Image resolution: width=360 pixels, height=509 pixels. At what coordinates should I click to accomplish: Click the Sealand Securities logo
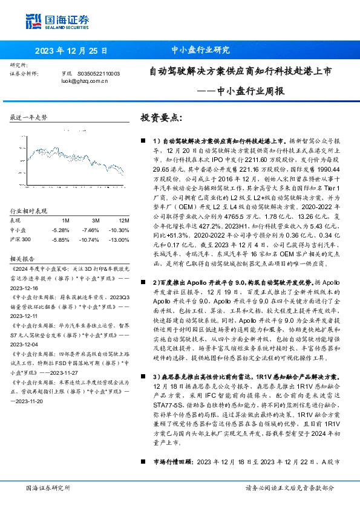point(52,22)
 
